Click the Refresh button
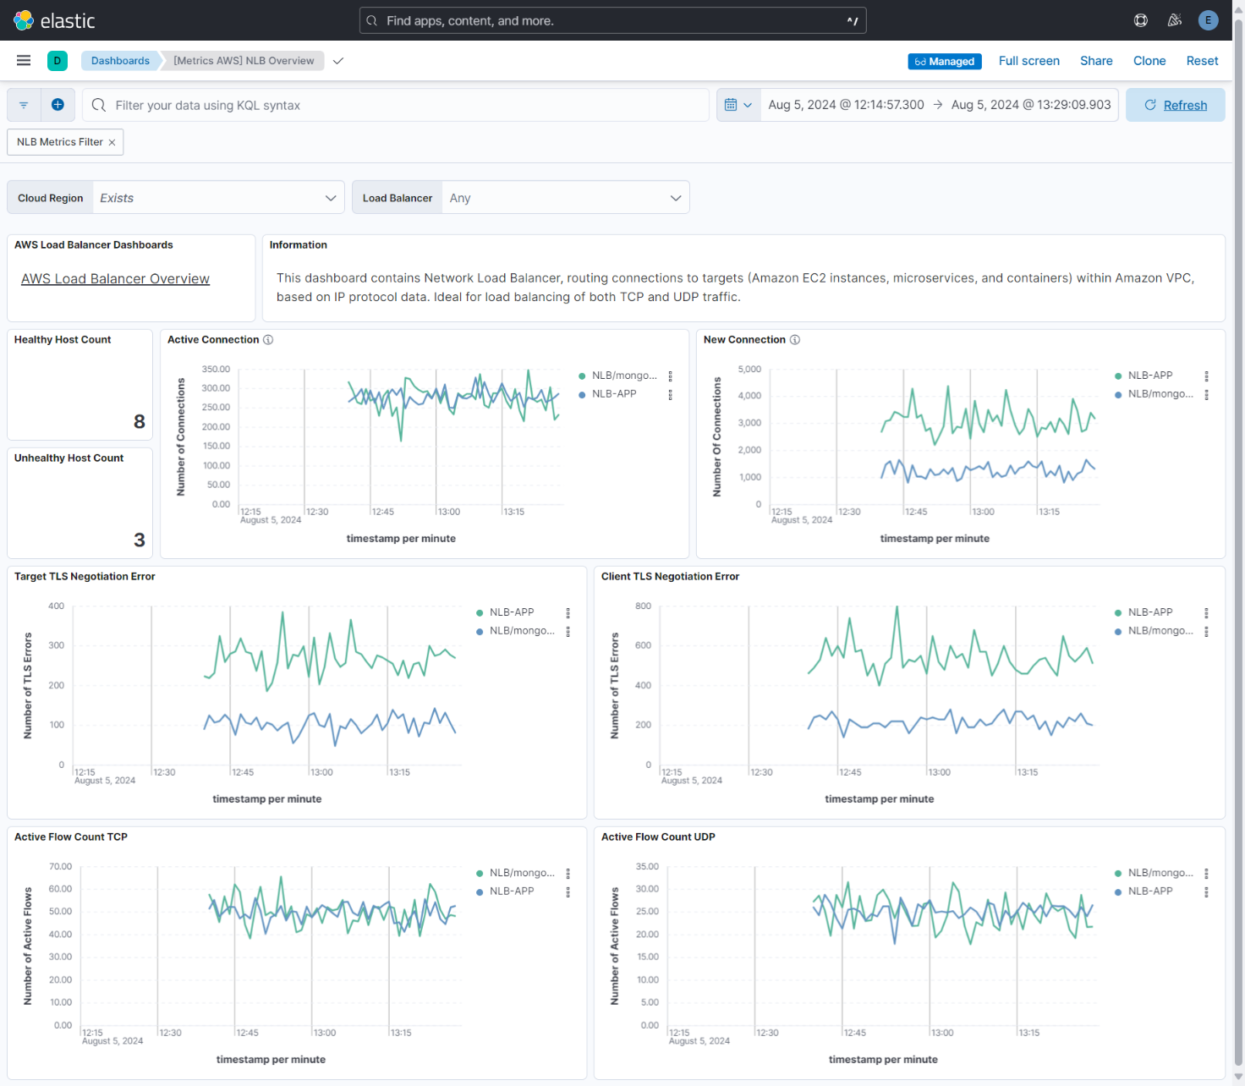click(1175, 105)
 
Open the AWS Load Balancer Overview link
click(115, 279)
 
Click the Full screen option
click(1028, 61)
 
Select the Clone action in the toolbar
click(1149, 61)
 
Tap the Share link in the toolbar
click(1095, 61)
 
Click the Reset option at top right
click(1201, 61)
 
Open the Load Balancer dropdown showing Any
click(564, 198)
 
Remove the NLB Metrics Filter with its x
click(112, 143)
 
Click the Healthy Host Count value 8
click(140, 421)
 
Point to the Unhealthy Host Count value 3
click(140, 540)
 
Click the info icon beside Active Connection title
click(268, 340)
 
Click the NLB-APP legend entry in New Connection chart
click(1149, 376)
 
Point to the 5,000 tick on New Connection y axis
click(749, 370)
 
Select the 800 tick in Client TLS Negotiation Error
click(643, 606)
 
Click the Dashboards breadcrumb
click(120, 61)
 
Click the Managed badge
click(944, 62)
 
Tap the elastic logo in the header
click(54, 20)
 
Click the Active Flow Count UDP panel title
click(658, 837)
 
